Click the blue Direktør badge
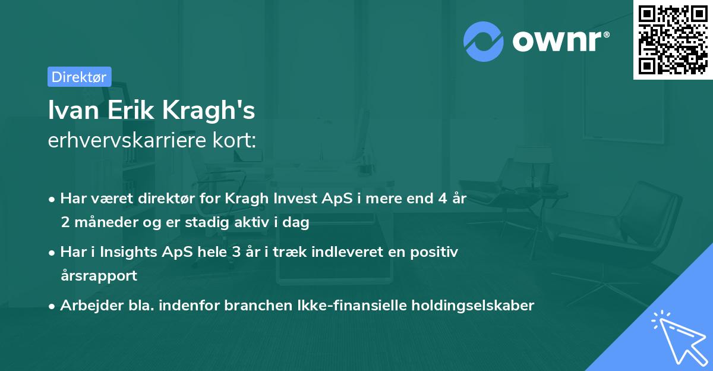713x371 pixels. click(79, 77)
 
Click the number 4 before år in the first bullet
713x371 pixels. click(441, 199)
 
